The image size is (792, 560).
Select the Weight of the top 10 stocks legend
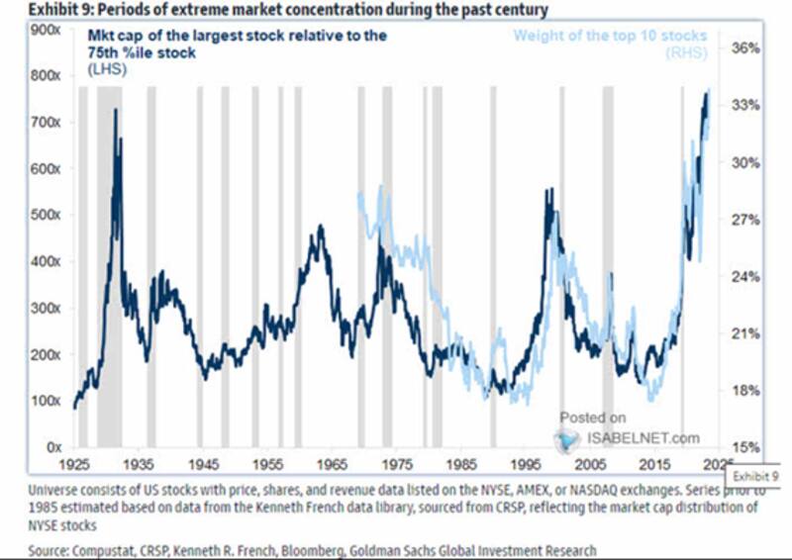(x=610, y=37)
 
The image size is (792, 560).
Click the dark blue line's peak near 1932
(x=116, y=110)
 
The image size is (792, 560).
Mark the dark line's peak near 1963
(x=320, y=227)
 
